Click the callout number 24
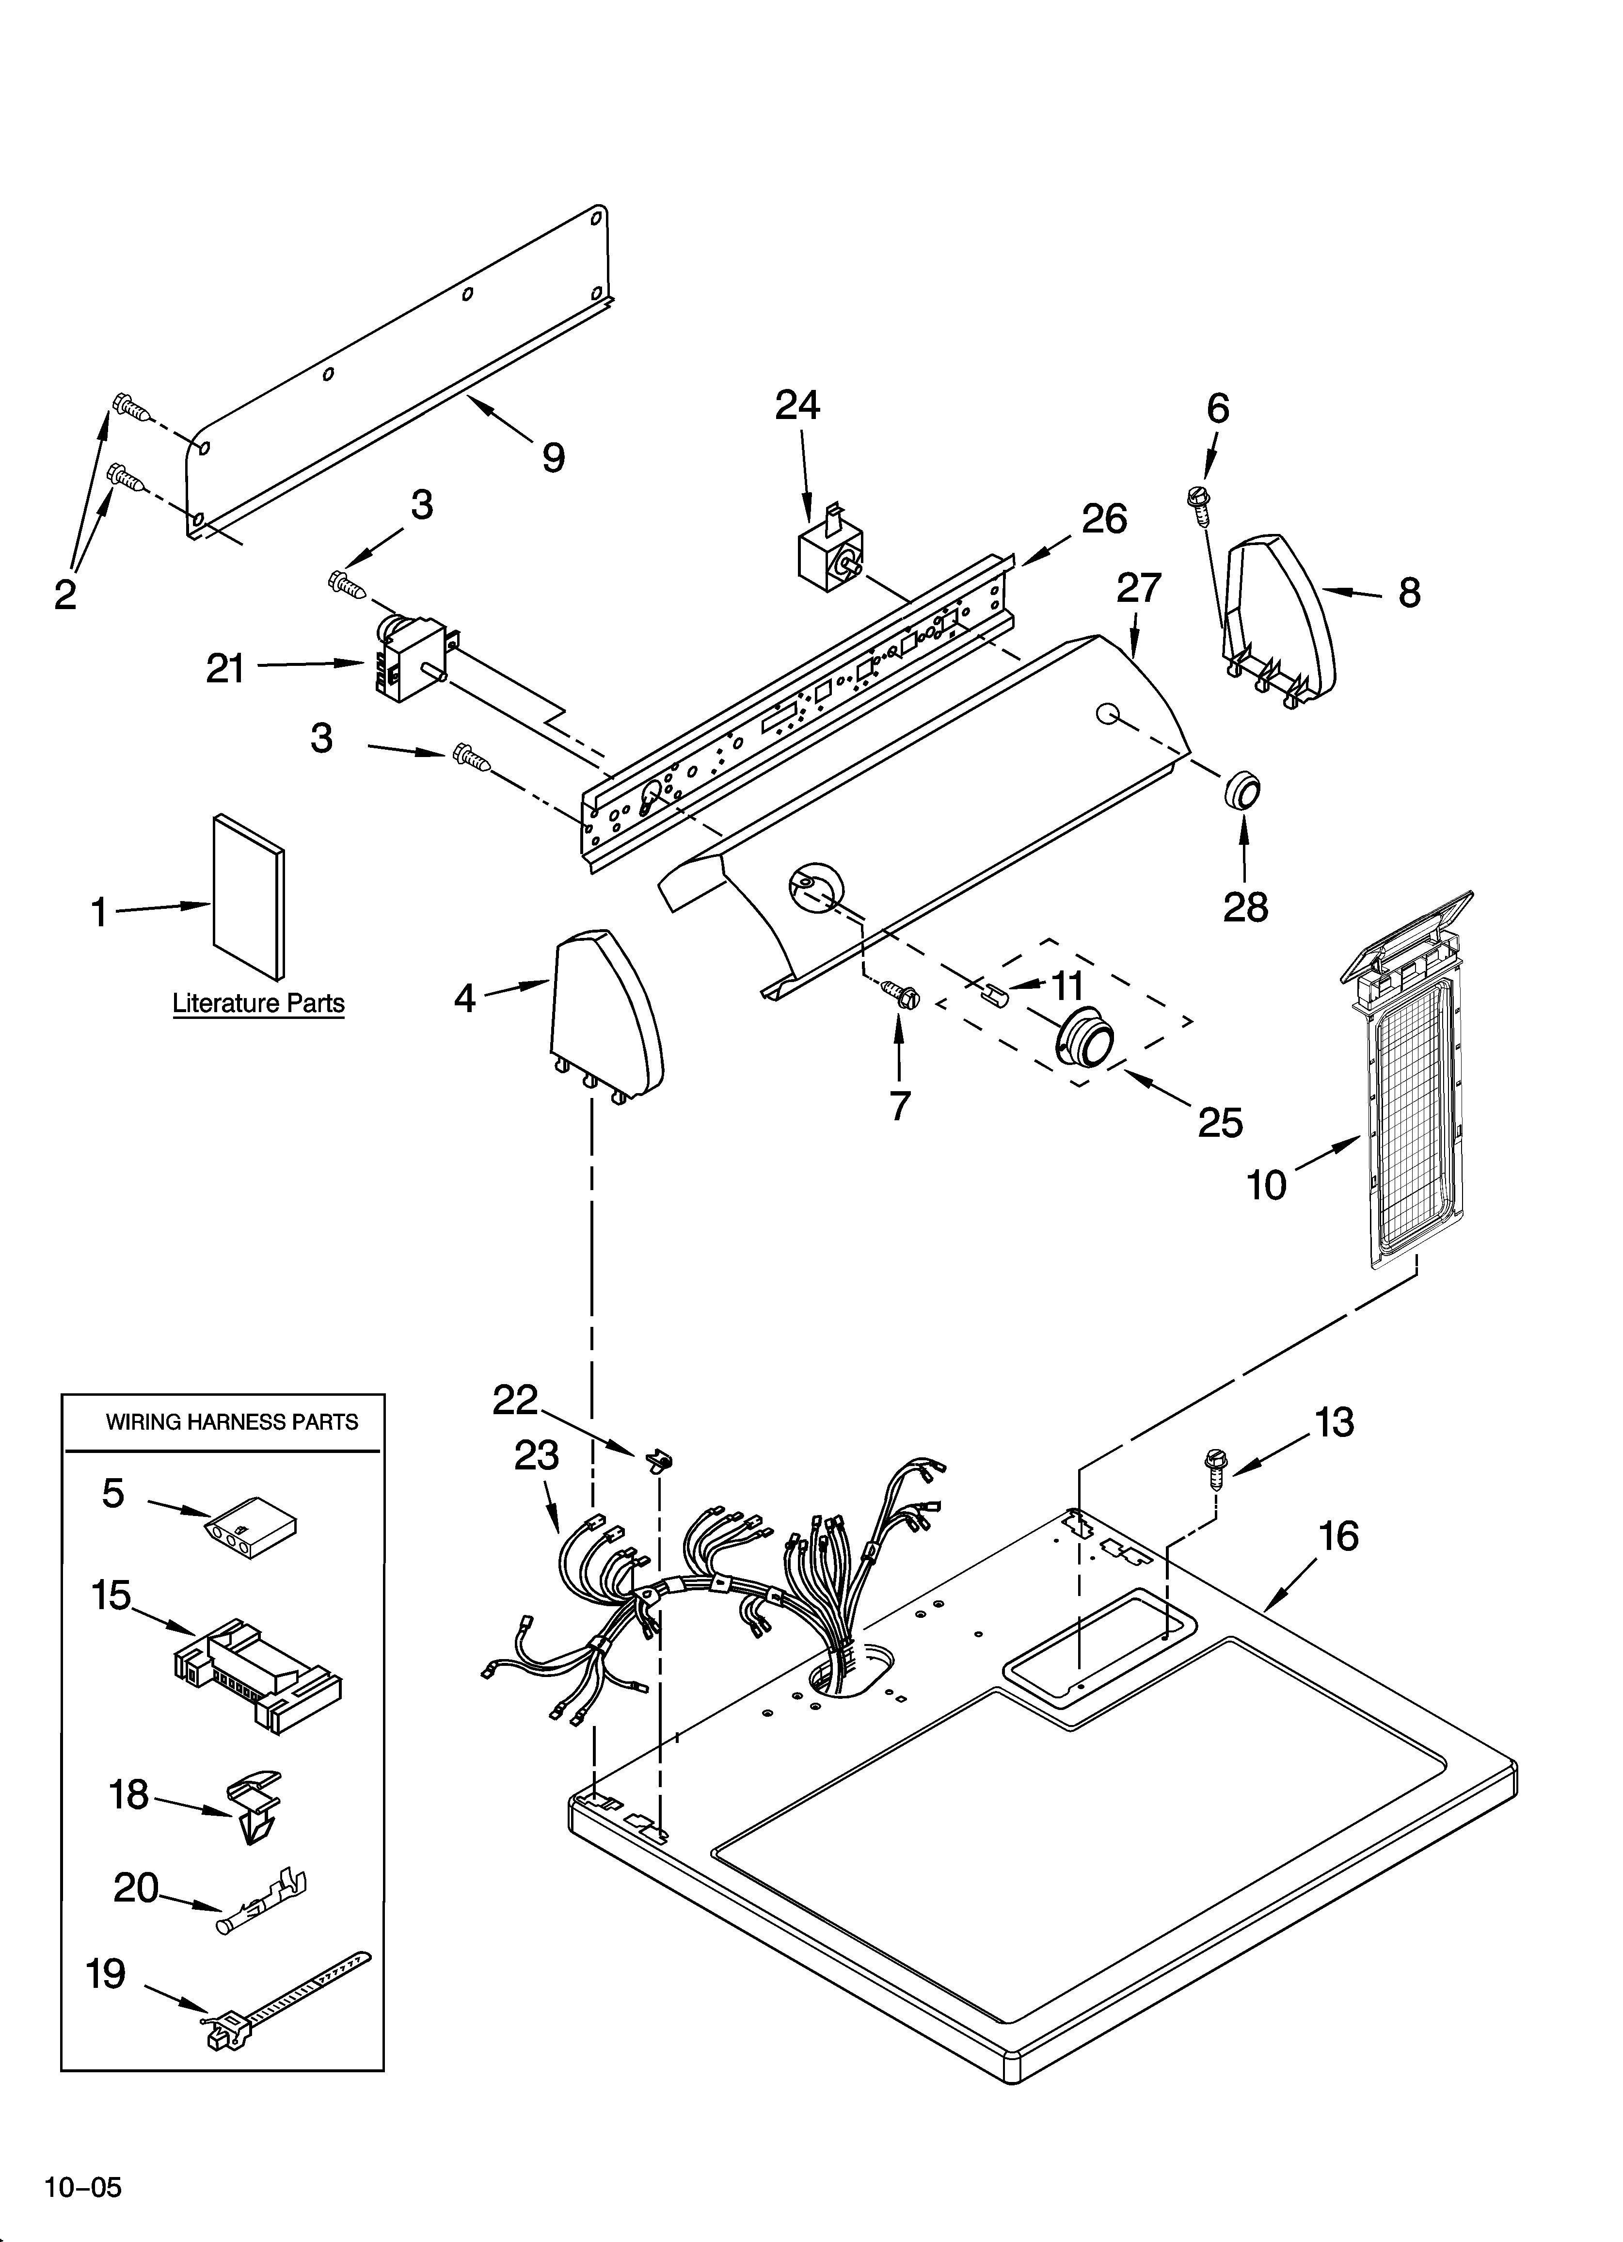pyautogui.click(x=796, y=405)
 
